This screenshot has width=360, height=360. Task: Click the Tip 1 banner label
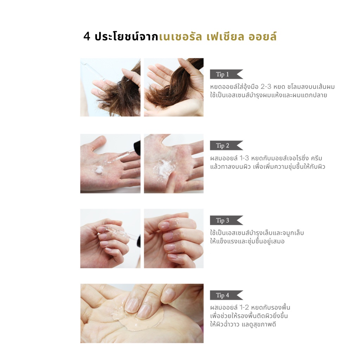pos(226,74)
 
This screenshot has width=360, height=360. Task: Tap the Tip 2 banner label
pos(226,145)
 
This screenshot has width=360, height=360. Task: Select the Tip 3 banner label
pos(226,220)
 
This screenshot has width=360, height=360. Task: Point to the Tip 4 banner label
pos(226,295)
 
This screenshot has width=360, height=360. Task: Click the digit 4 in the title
pos(87,37)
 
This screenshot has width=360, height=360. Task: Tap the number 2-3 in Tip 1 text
pos(266,87)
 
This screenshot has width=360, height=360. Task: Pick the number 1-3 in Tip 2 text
pos(244,158)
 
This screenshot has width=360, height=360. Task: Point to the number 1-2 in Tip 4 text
pos(244,307)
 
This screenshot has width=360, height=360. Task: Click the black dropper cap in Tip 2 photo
pos(137,147)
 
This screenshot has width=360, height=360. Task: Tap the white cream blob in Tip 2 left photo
pos(99,170)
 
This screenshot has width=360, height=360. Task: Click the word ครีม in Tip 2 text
pos(316,158)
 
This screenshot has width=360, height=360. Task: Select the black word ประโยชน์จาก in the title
pos(127,37)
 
